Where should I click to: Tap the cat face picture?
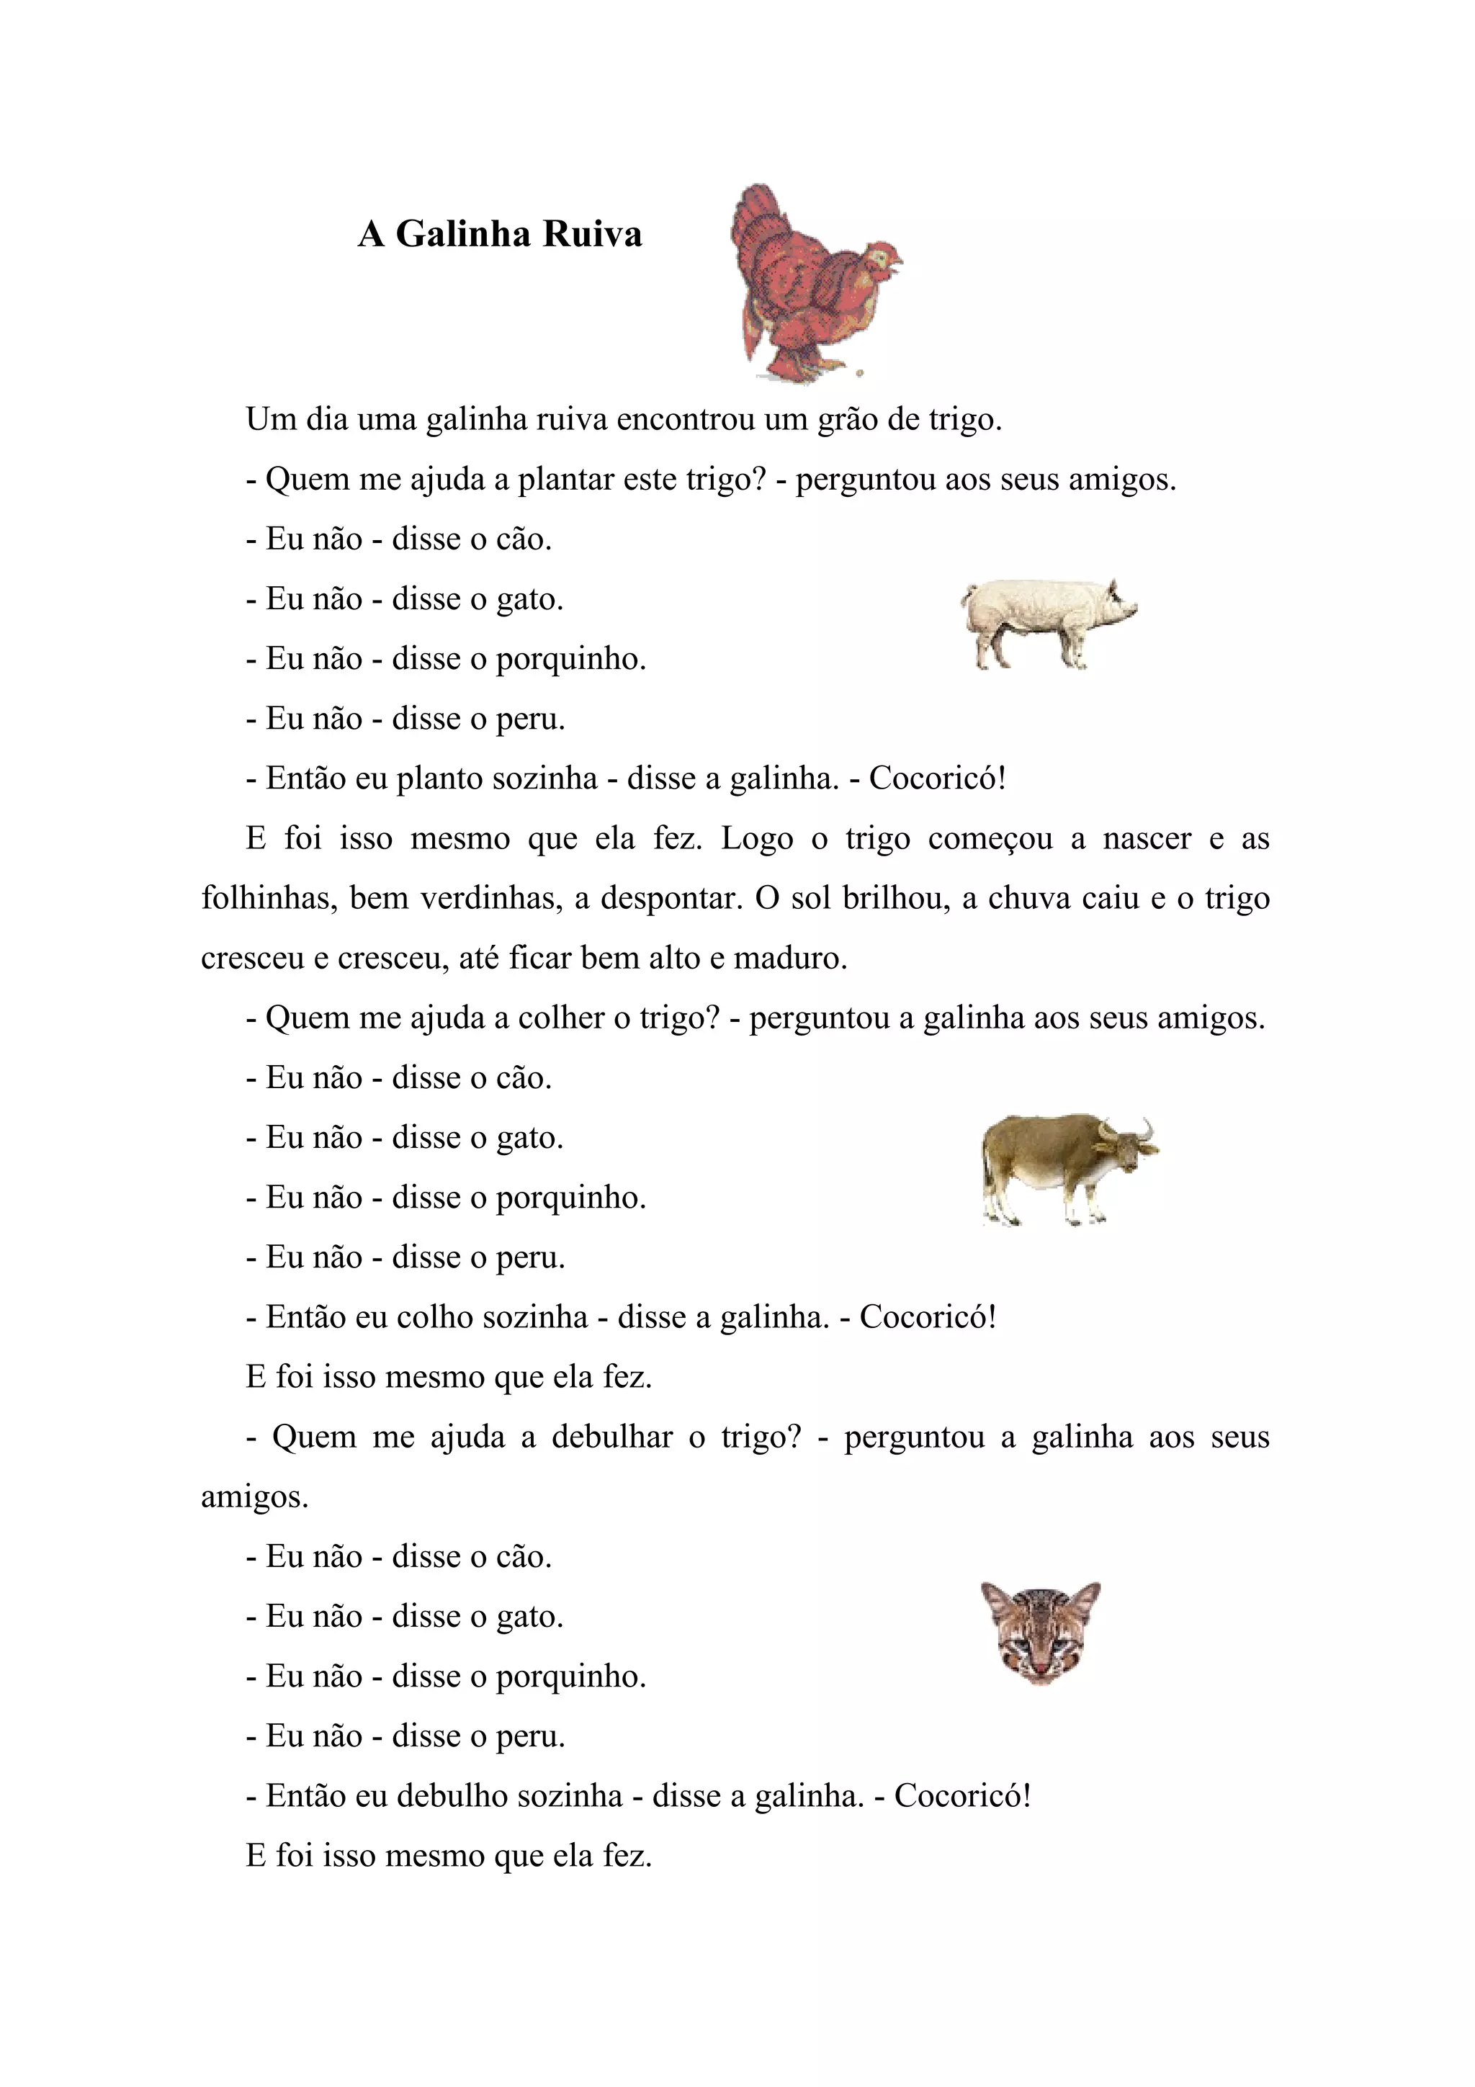click(1040, 1632)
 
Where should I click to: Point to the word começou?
click(990, 839)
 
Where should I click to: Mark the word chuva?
click(1027, 898)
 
